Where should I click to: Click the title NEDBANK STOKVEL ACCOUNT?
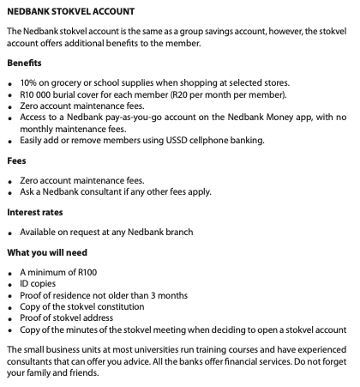point(70,11)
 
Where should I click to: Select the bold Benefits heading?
point(24,63)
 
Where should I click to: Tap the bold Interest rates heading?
point(34,211)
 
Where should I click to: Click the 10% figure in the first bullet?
point(29,83)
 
